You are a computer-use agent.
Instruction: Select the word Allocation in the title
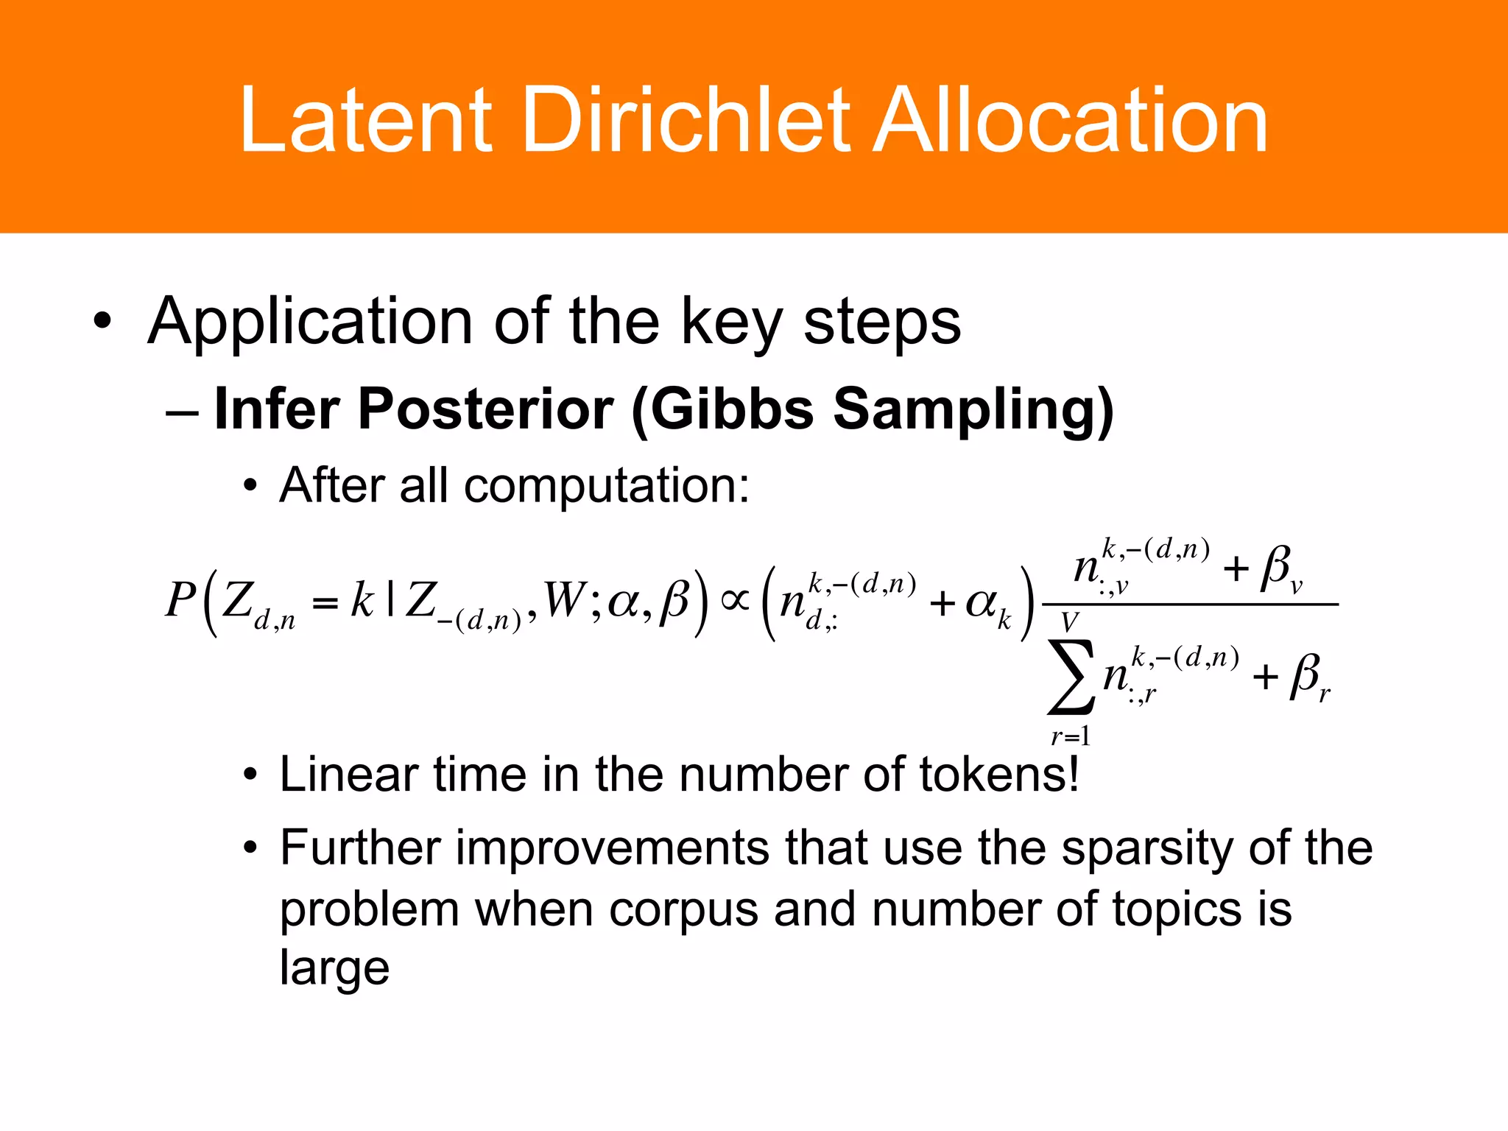pos(1069,119)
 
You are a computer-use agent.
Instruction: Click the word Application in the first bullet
pos(310,323)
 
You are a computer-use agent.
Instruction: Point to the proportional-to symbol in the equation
pos(735,600)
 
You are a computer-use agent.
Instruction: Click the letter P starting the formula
pos(180,600)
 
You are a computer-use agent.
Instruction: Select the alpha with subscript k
pos(987,606)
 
